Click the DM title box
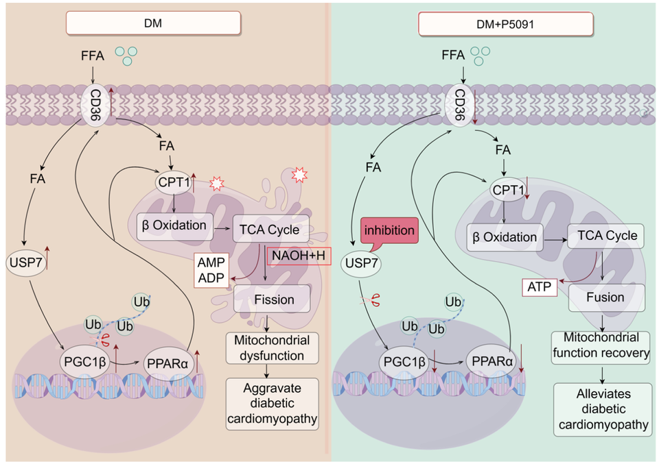(x=153, y=23)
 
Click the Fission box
(x=273, y=300)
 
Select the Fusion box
(x=605, y=297)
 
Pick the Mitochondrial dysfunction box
(x=273, y=349)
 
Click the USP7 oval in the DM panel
(x=25, y=262)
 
